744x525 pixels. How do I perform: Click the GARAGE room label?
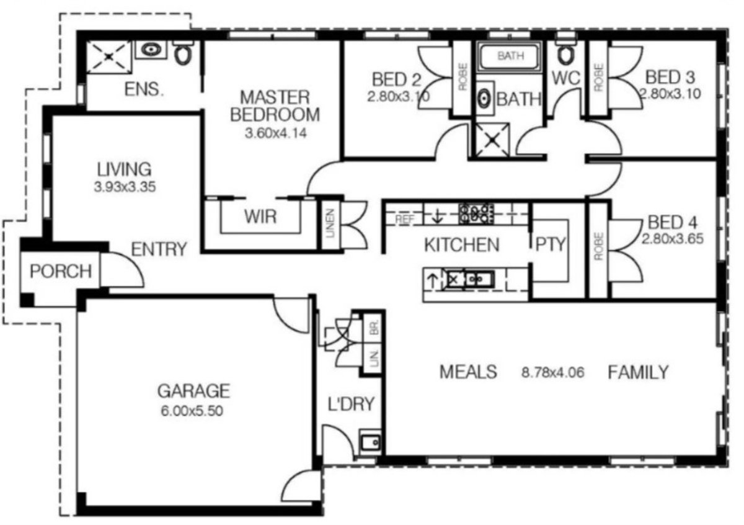(193, 391)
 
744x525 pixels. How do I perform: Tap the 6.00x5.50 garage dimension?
(193, 410)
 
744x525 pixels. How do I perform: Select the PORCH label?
(61, 271)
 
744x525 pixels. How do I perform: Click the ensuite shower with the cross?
(108, 56)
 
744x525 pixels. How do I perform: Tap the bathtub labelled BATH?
(510, 56)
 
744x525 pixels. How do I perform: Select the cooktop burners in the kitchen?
(476, 213)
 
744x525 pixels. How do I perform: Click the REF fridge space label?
(404, 218)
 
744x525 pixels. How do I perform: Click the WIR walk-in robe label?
(260, 218)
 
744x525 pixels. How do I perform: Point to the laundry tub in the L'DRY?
(371, 442)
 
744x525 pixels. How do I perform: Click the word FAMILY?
(638, 372)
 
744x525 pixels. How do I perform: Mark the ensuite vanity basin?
(150, 50)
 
